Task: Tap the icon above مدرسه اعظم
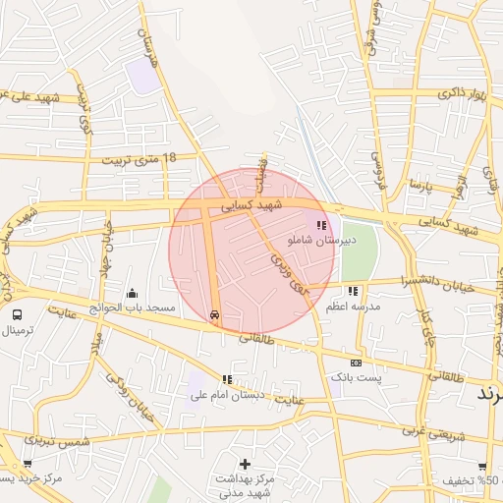coord(352,291)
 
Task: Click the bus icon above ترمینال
coord(17,314)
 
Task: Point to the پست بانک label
coord(355,376)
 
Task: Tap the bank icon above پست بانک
coord(355,363)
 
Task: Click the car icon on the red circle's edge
coord(214,315)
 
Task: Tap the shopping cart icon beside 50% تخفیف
coord(482,467)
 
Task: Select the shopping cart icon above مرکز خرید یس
coord(27,465)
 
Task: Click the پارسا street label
coord(420,184)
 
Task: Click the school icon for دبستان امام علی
coord(228,379)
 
